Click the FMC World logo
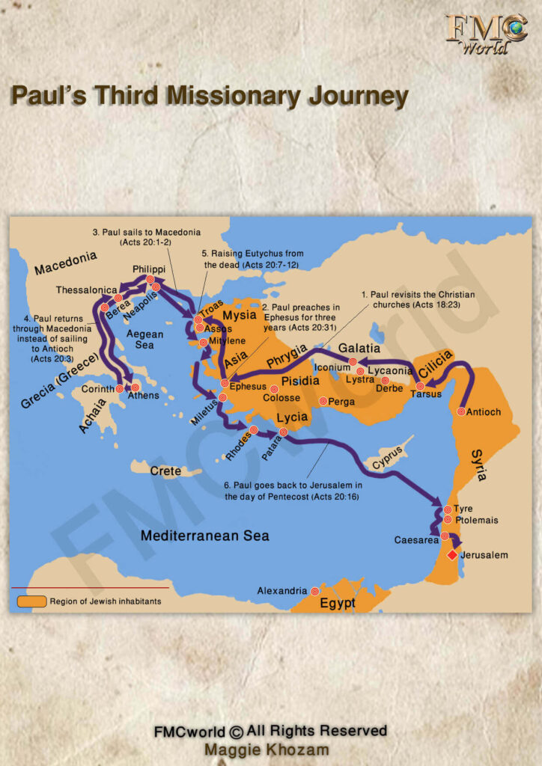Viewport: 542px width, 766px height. point(486,33)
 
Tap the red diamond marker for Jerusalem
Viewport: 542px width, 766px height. point(451,556)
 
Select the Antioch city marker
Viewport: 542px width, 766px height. point(462,411)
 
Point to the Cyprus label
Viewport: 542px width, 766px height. point(387,457)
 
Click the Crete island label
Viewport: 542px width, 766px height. point(165,471)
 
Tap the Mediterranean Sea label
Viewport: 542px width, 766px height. point(205,536)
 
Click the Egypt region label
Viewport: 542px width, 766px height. point(335,603)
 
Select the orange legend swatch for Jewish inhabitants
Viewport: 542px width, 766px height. point(31,601)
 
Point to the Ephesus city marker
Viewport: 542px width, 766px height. point(224,384)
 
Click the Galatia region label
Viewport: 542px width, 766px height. point(359,349)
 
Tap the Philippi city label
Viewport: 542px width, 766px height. point(148,269)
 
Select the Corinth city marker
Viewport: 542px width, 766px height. point(120,389)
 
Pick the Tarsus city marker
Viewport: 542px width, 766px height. point(420,386)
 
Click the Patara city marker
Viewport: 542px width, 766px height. point(283,432)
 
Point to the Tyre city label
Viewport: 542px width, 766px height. point(463,509)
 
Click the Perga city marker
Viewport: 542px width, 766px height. point(323,402)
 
